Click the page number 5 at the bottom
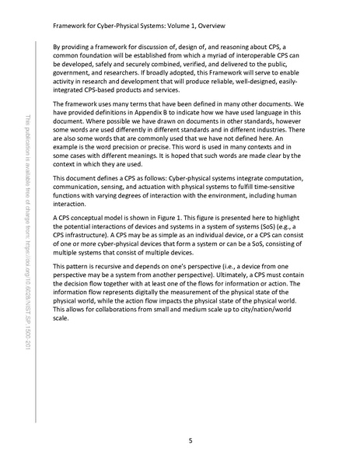tap(190, 441)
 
